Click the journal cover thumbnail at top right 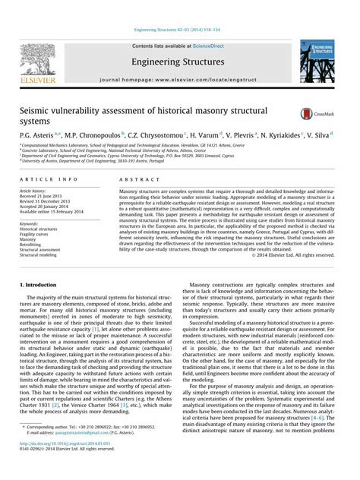321,61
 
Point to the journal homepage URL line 179,80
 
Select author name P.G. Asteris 37,134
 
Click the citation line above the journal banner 179,30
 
